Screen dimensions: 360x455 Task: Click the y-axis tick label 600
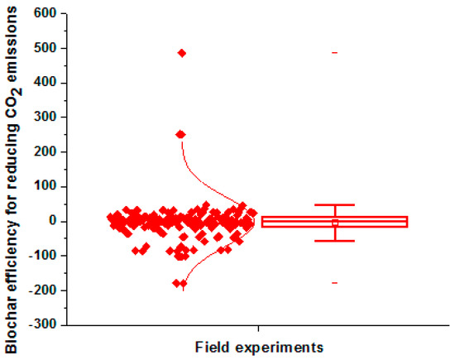[45, 14]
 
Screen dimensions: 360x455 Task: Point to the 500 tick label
[45, 49]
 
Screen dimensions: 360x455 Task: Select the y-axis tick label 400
[45, 83]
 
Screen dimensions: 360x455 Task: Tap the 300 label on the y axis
[45, 118]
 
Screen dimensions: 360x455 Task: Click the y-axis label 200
[45, 152]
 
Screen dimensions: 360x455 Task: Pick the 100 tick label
[45, 187]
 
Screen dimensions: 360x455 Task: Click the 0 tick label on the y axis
[52, 221]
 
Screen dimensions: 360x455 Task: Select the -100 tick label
[43, 256]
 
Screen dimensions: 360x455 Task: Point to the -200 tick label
[43, 290]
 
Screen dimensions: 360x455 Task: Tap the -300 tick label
[43, 325]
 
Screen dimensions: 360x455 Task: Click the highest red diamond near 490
[182, 53]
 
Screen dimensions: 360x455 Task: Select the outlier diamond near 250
[180, 134]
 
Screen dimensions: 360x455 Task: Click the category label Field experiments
[259, 344]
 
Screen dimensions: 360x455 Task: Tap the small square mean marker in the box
[335, 223]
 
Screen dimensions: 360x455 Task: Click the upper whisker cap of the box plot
[335, 204]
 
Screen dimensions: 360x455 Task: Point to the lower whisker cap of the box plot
[335, 241]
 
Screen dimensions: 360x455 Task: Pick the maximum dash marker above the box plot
[335, 53]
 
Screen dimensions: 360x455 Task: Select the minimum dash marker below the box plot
[335, 283]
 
